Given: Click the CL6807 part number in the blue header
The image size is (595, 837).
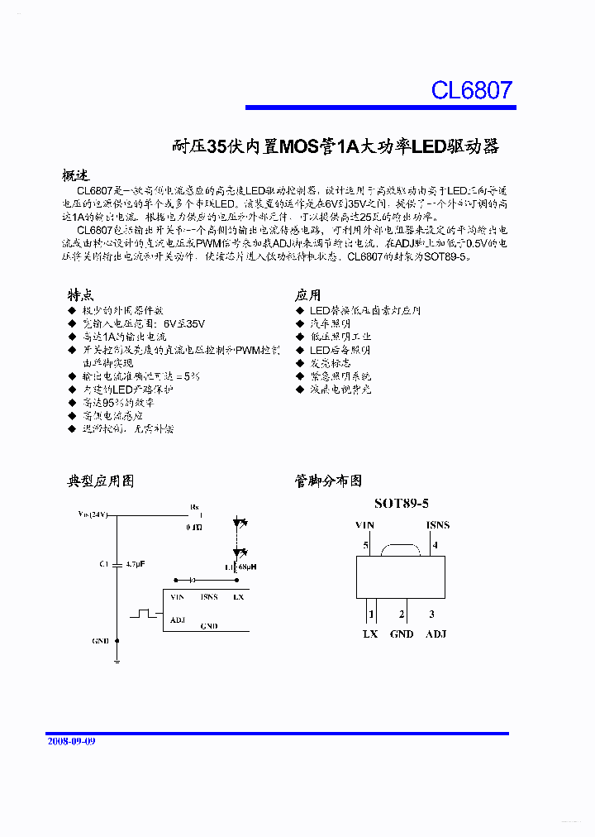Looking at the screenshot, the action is click(x=472, y=89).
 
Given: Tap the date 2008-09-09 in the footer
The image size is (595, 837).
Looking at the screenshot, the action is click(x=71, y=741).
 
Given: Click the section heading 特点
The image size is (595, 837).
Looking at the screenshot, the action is click(x=80, y=295).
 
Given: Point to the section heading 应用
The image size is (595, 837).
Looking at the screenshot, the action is click(x=307, y=295).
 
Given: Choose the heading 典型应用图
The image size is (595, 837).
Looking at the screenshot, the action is click(x=100, y=481).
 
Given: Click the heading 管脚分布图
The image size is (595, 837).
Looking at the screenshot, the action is click(x=328, y=481).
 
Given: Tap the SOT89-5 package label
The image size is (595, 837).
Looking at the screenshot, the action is click(x=402, y=503).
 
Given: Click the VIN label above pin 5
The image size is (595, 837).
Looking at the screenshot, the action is click(x=364, y=525).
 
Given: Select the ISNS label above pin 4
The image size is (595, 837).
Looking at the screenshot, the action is click(x=437, y=525).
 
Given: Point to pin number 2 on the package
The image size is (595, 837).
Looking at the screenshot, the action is click(x=402, y=614).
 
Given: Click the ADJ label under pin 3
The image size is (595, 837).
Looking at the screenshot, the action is click(x=436, y=634).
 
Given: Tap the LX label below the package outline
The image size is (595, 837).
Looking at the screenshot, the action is click(x=369, y=634).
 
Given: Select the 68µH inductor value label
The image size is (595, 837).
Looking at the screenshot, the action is click(x=246, y=567).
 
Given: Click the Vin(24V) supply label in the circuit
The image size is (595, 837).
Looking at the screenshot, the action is click(x=93, y=514).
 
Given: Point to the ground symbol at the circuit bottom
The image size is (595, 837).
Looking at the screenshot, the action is click(x=117, y=659).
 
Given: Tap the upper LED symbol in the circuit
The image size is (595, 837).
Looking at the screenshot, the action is click(x=240, y=524).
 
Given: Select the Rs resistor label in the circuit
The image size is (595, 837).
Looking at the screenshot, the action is click(x=194, y=506).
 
